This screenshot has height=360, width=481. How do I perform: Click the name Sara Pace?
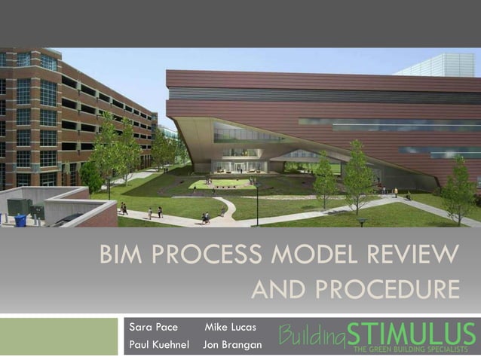pyautogui.click(x=153, y=328)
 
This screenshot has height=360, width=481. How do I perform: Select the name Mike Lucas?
pyautogui.click(x=230, y=328)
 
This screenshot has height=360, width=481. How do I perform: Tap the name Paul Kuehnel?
pyautogui.click(x=159, y=344)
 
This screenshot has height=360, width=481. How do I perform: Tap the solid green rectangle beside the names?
pyautogui.click(x=59, y=336)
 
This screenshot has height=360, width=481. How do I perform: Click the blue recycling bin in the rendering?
pyautogui.click(x=20, y=219)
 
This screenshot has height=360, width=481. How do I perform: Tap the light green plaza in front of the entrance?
pyautogui.click(x=219, y=183)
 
